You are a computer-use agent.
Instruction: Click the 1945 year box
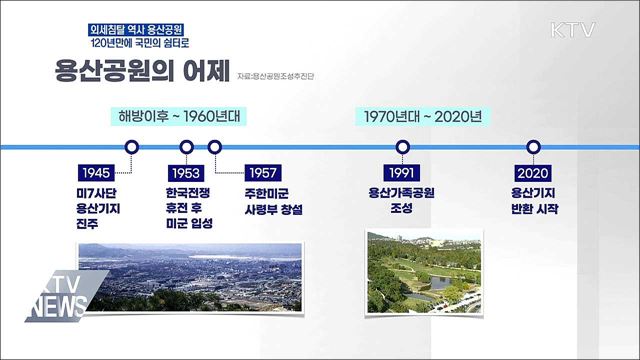[x=98, y=171]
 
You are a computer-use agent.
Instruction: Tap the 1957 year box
[x=267, y=171]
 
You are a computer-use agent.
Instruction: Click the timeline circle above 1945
[x=132, y=147]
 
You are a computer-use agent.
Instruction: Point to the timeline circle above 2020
[x=534, y=147]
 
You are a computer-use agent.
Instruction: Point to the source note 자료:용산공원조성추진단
[x=282, y=77]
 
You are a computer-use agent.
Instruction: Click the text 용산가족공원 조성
[x=406, y=201]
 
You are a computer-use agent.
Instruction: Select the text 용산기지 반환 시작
[x=534, y=201]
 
